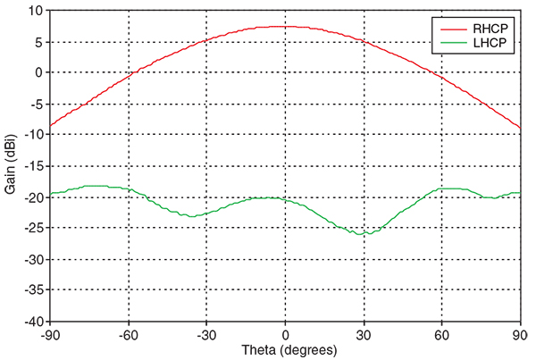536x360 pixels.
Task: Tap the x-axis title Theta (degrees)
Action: pyautogui.click(x=284, y=349)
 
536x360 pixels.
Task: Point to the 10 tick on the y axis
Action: pyautogui.click(x=37, y=11)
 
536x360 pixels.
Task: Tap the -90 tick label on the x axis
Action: pyautogui.click(x=50, y=332)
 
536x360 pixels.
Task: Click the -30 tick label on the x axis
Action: pyautogui.click(x=206, y=332)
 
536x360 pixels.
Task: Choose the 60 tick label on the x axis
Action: pyautogui.click(x=441, y=332)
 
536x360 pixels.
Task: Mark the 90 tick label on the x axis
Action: pyautogui.click(x=519, y=332)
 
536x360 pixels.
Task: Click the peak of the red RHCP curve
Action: pyautogui.click(x=284, y=26)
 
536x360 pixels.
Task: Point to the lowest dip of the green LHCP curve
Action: pyautogui.click(x=362, y=234)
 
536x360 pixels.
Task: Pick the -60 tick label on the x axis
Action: pyautogui.click(x=128, y=332)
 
